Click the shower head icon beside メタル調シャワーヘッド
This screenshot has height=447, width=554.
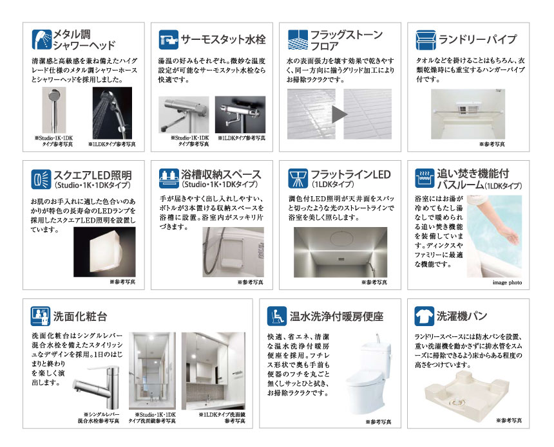41,39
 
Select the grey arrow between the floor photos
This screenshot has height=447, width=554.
339,114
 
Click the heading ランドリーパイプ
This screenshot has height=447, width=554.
477,39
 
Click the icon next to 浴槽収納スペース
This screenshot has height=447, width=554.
168,178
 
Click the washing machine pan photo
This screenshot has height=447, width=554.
469,393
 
